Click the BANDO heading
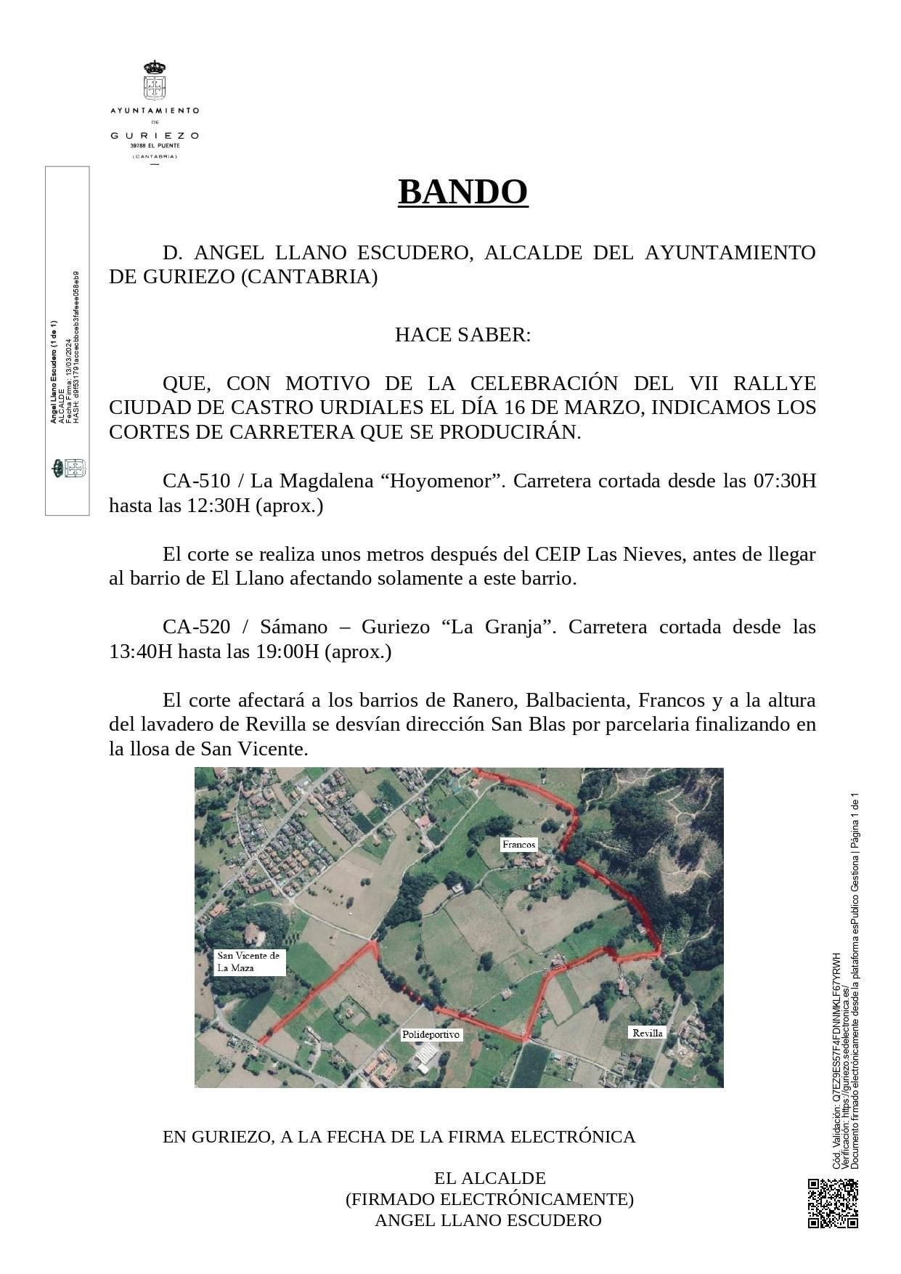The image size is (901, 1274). tap(462, 192)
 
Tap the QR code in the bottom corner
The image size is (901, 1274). tap(833, 1204)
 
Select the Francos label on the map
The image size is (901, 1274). tap(519, 844)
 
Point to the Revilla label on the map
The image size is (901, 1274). tap(647, 1033)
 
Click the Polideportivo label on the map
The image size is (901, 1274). tap(431, 1034)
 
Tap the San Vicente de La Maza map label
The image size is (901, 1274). tap(248, 962)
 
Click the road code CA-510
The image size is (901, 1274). tap(196, 481)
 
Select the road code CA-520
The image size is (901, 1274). tap(196, 627)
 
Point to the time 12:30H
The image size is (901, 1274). tap(216, 506)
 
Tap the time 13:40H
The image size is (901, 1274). tap(140, 652)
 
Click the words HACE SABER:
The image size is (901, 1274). tap(462, 335)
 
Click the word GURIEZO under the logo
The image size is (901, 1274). tap(154, 135)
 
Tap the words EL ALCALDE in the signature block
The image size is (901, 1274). tap(489, 1178)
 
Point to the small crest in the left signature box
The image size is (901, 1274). tap(68, 468)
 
